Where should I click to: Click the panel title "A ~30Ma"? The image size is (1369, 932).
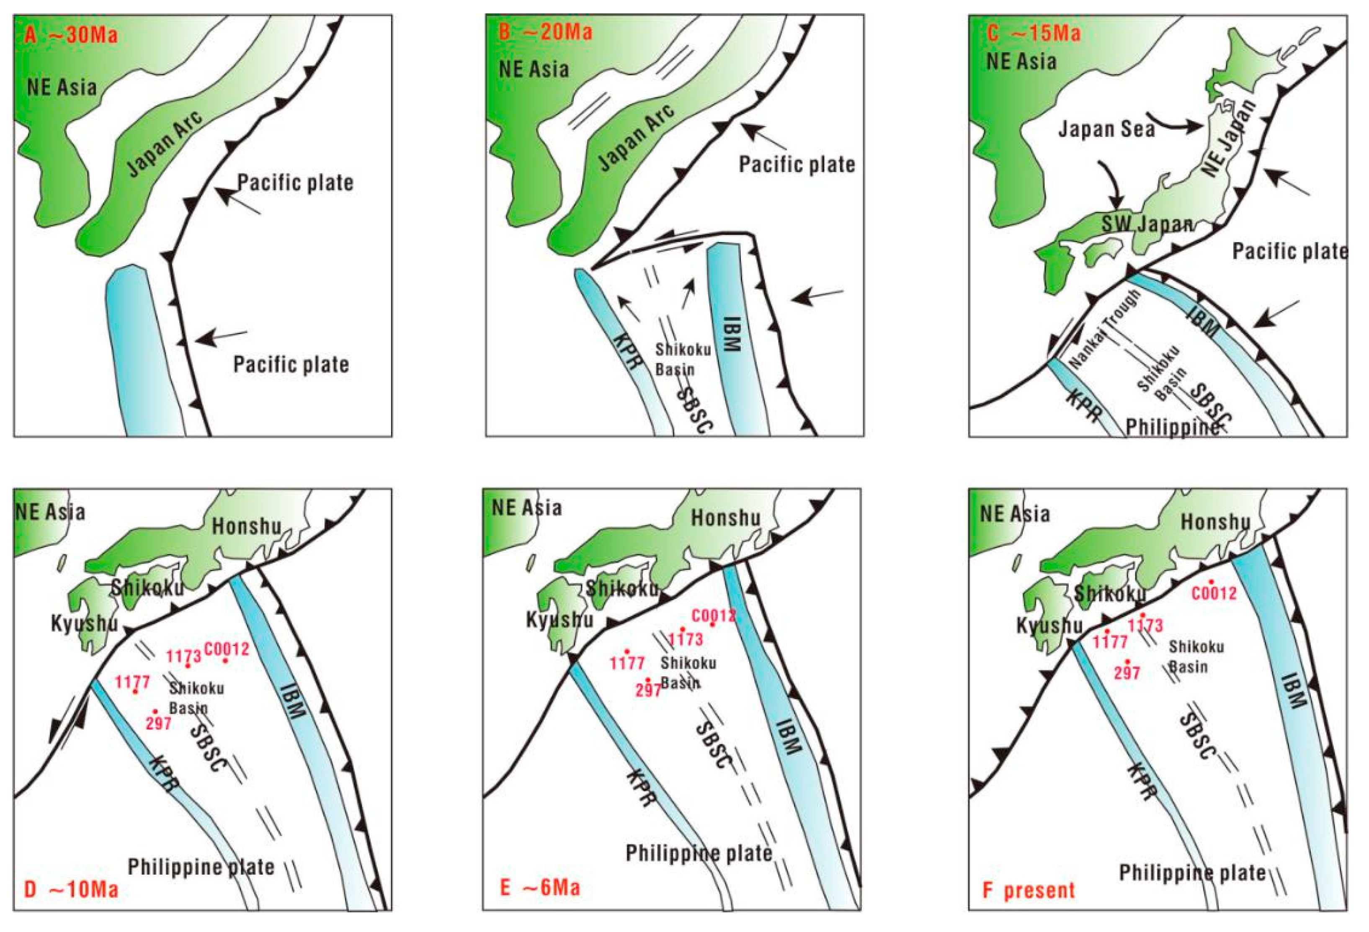click(x=71, y=35)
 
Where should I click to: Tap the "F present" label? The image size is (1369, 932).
click(x=1029, y=890)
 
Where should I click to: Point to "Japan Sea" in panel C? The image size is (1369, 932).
click(x=1106, y=129)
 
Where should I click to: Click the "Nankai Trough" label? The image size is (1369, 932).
click(x=1104, y=330)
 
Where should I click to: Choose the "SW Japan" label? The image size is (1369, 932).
click(x=1147, y=224)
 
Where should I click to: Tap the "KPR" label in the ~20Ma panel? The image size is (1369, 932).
click(x=626, y=351)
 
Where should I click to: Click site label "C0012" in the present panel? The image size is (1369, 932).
click(x=1214, y=593)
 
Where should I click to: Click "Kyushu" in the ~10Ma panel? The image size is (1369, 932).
click(x=84, y=623)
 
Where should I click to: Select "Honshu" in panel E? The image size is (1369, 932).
click(x=725, y=518)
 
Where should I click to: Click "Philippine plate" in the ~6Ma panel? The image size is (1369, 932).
click(x=699, y=852)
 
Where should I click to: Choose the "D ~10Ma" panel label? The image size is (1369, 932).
click(x=71, y=889)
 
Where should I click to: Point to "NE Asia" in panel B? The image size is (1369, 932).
click(x=534, y=70)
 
